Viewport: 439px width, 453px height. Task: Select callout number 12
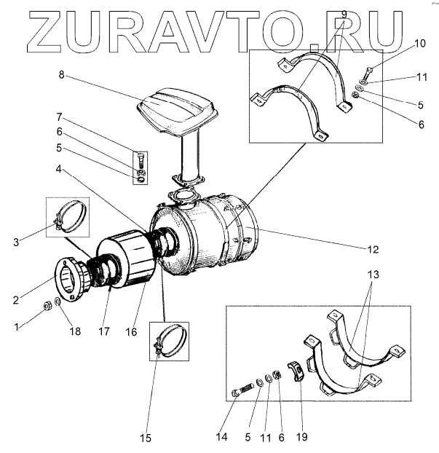coord(373,249)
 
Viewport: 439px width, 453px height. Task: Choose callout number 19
coord(301,437)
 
